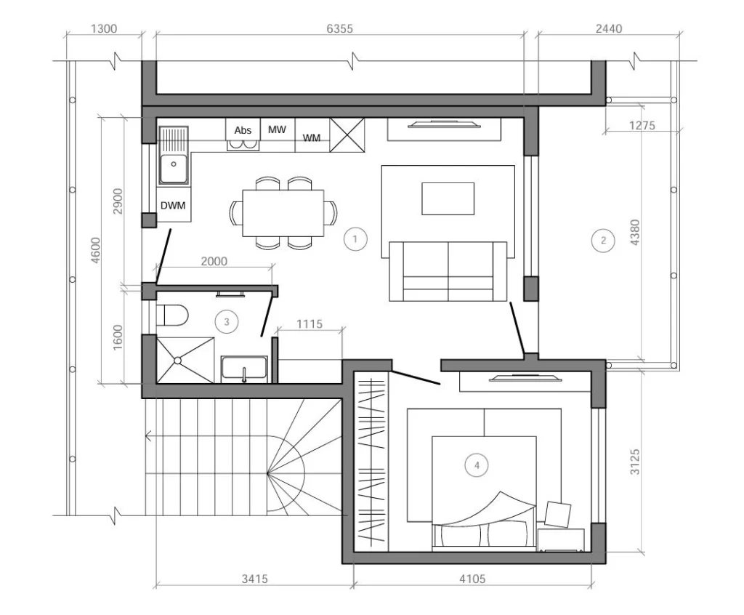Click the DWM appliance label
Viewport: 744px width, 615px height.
(x=173, y=206)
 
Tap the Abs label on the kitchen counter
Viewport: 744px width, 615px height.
(x=243, y=130)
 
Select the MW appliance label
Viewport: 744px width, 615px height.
(x=277, y=129)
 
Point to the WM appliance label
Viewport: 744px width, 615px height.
(x=311, y=137)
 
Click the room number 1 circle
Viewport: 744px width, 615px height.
(x=355, y=239)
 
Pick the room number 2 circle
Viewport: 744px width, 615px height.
(x=603, y=241)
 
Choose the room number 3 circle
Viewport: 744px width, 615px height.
(x=227, y=322)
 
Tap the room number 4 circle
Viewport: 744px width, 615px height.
(x=477, y=465)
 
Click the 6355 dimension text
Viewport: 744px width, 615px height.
(x=340, y=28)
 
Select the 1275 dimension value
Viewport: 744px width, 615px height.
(x=642, y=125)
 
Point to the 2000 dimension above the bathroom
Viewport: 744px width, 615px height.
(x=214, y=261)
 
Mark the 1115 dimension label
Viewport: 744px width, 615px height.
(x=310, y=324)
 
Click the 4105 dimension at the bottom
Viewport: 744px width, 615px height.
(x=472, y=579)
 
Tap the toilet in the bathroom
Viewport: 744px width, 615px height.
(x=173, y=315)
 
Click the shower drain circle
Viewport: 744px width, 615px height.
(x=177, y=361)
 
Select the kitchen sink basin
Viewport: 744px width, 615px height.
(x=173, y=169)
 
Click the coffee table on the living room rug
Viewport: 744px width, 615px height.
(x=448, y=198)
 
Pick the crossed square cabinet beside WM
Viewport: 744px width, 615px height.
(x=347, y=135)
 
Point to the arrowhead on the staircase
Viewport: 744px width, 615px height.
(x=148, y=435)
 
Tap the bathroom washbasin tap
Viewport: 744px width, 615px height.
(x=244, y=374)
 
